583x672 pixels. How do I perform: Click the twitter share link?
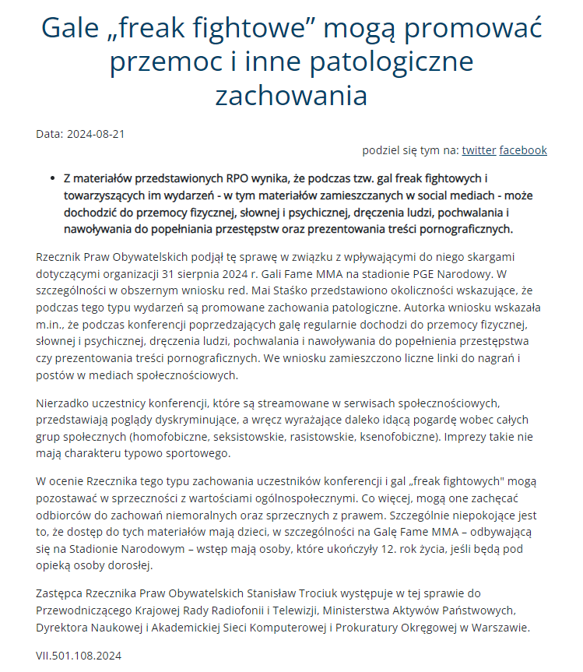coord(479,150)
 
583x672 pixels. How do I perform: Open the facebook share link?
coord(523,150)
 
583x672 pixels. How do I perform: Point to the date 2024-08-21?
coord(96,134)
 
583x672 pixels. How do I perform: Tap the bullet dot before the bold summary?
coord(52,178)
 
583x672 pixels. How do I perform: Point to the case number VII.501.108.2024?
coord(79,656)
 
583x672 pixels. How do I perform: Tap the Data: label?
coord(50,134)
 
